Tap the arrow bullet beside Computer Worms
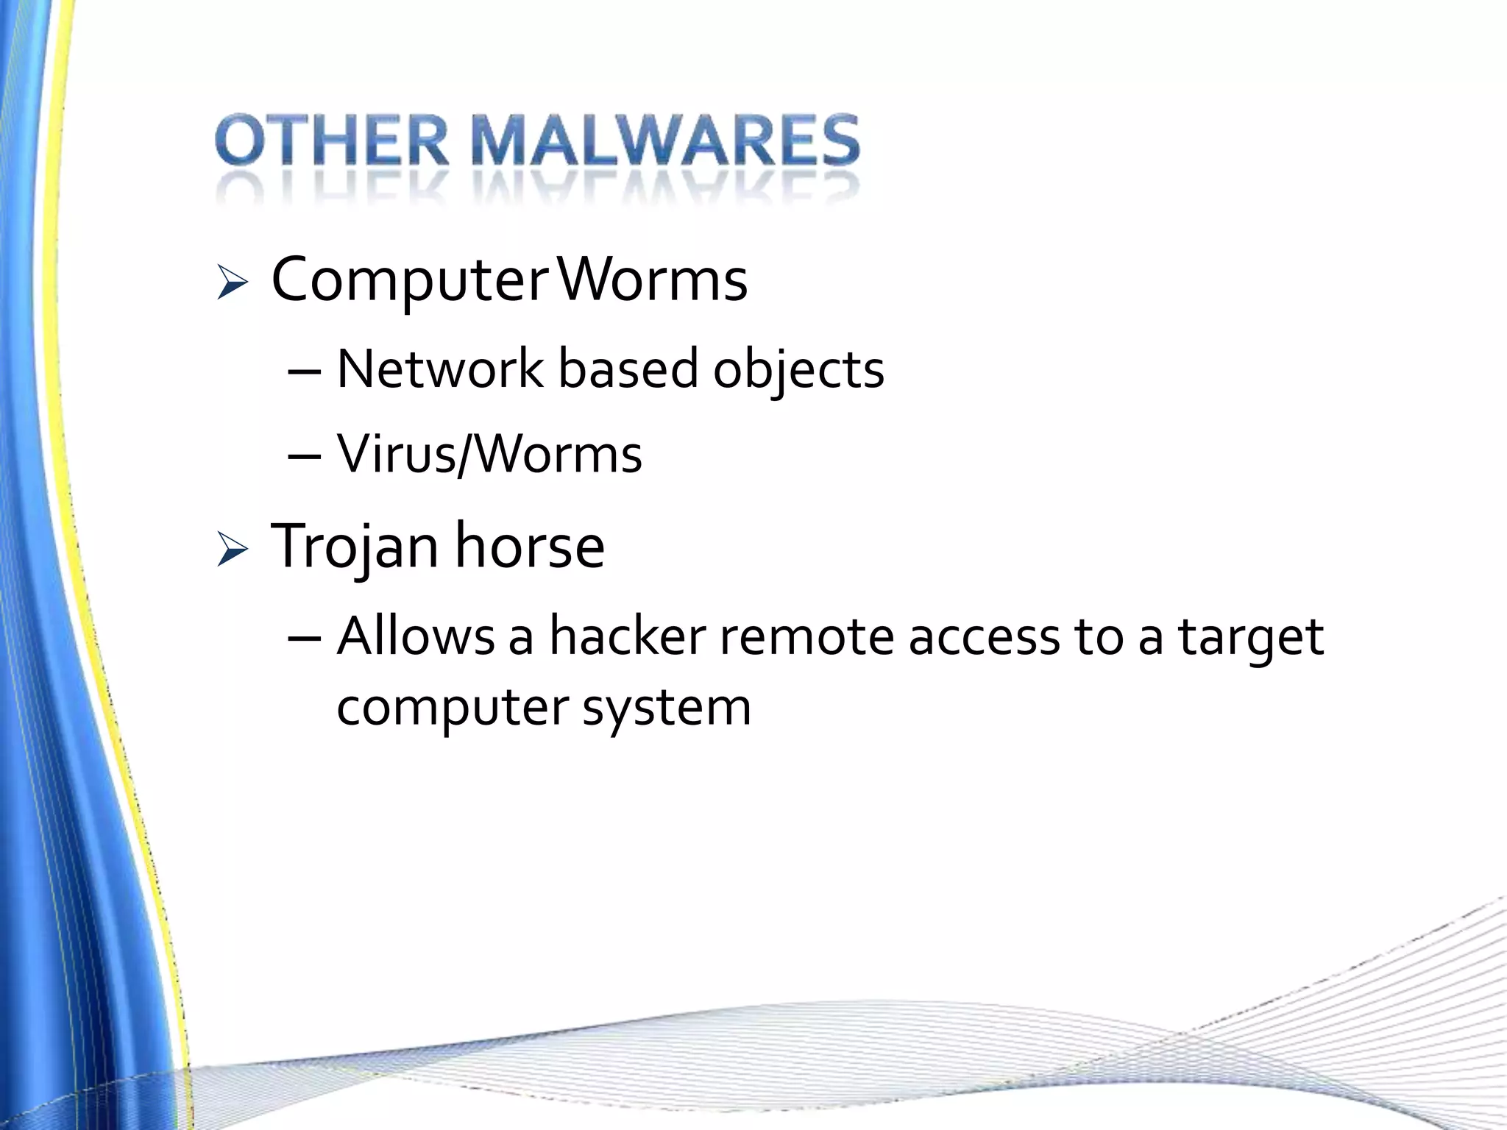tap(233, 282)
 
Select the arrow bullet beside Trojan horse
tap(233, 550)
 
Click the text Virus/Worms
tap(489, 455)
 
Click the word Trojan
tap(354, 548)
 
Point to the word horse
tap(530, 547)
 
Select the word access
tap(984, 637)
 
